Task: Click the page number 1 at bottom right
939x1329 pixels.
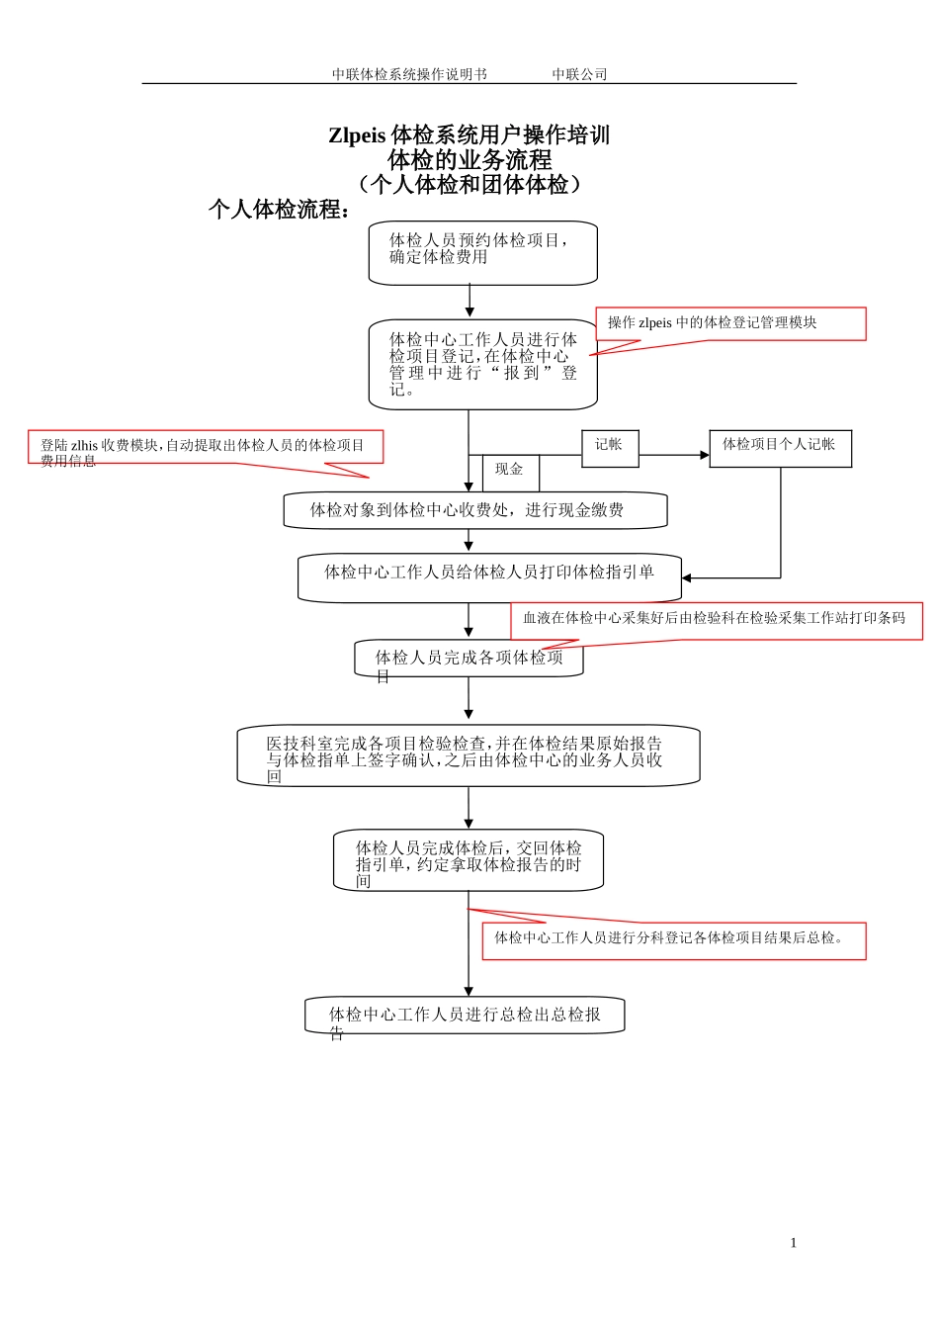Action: (x=793, y=1243)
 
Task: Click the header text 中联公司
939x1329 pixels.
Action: (x=579, y=74)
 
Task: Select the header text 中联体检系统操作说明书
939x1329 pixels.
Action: (x=409, y=74)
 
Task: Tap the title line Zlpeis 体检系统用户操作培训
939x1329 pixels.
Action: (x=469, y=135)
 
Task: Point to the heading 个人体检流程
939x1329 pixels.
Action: (x=280, y=210)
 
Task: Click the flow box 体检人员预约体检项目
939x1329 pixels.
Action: (x=482, y=253)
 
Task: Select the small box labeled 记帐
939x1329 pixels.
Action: (x=610, y=448)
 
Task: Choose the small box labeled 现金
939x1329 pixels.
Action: (x=510, y=472)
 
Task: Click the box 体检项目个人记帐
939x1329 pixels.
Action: (x=780, y=448)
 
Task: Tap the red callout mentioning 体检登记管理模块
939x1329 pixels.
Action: (x=730, y=323)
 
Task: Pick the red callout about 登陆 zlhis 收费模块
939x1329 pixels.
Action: (x=205, y=447)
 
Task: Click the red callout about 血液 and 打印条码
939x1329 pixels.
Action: (x=716, y=620)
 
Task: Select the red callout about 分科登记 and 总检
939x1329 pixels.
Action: (x=673, y=940)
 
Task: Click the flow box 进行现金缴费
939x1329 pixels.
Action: (x=474, y=510)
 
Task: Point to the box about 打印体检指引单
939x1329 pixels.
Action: (x=489, y=576)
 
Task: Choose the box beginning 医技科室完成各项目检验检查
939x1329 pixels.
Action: (x=468, y=756)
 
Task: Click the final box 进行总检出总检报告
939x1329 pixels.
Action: (x=465, y=1016)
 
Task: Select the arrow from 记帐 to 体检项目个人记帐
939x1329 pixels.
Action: (x=673, y=455)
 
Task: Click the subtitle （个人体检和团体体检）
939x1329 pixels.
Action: (x=469, y=184)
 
